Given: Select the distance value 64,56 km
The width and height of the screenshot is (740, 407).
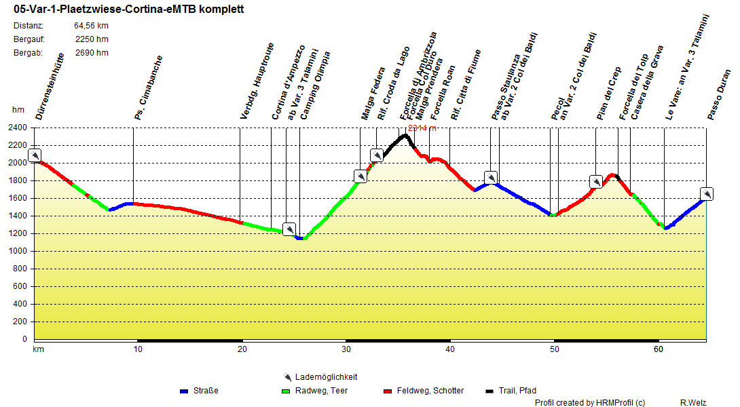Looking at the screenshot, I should coord(91,26).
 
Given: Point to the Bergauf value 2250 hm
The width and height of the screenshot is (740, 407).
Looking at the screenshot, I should coord(92,39).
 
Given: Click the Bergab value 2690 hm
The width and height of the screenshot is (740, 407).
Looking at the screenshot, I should coord(92,52).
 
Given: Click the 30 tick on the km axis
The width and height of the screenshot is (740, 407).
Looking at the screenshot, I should coord(346,349).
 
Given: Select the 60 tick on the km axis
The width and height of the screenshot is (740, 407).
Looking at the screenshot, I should coord(658,349).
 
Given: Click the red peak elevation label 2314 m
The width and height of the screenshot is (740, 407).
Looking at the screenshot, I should coord(422,128).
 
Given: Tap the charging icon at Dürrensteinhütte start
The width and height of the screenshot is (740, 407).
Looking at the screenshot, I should coord(35,155).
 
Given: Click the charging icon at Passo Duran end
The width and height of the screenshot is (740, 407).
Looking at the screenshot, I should coord(706,194).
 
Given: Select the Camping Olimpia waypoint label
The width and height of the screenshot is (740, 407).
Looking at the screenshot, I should coord(316,85).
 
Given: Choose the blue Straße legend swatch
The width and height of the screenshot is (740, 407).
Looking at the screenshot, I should coord(183,391).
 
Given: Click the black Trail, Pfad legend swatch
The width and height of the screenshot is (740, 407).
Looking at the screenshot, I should coord(489,391).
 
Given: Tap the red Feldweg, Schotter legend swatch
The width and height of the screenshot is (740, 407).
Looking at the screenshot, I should coord(388,391).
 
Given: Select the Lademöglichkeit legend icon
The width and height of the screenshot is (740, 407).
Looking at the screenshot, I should coord(288,377).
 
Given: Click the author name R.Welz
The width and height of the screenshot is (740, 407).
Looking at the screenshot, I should coord(693,403).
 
